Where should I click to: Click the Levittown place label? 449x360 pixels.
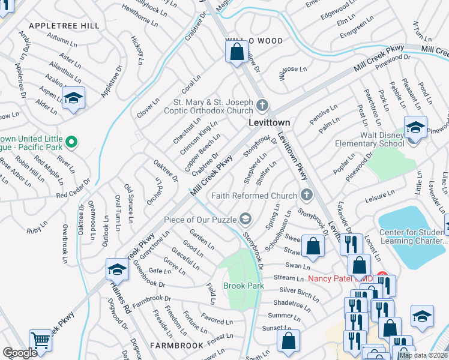coord(270,122)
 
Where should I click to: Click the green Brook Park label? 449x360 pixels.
coord(244,286)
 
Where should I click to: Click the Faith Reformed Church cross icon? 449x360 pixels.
coord(306,195)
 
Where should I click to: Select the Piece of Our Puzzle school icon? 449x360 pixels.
coord(245,217)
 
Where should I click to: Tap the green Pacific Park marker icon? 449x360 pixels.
coord(71,142)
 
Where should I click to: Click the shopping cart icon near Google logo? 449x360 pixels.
coord(41,340)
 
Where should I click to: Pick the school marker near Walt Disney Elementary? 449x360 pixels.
coord(415,127)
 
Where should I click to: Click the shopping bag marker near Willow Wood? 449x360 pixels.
coord(237,52)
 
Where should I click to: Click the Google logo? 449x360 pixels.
coord(20,353)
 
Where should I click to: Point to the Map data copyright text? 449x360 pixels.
coord(423,355)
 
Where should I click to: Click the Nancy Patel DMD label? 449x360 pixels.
coord(340,279)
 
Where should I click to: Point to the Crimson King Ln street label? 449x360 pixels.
coord(200,135)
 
